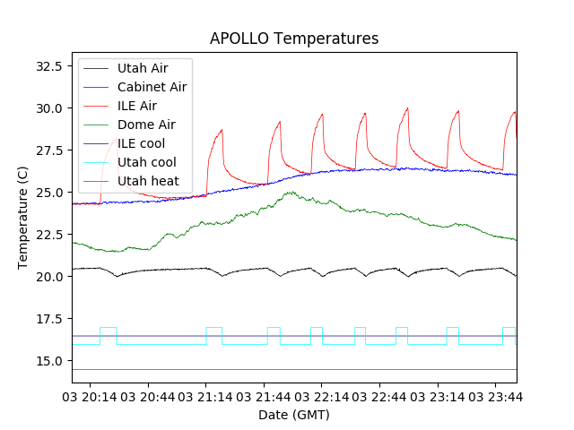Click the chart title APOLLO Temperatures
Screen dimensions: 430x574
click(x=294, y=39)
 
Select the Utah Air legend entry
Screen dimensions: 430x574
click(x=143, y=68)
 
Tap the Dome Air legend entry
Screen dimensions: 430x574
click(x=146, y=125)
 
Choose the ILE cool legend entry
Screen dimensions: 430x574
click(x=141, y=143)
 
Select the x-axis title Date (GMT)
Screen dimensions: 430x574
click(x=294, y=415)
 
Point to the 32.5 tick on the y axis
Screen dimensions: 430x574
click(x=47, y=66)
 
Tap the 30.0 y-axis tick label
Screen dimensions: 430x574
click(x=47, y=108)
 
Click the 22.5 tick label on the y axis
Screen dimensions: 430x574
click(x=47, y=235)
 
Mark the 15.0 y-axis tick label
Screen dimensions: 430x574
click(x=47, y=361)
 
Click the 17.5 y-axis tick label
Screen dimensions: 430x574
click(x=47, y=319)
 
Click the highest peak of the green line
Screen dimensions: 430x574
click(x=290, y=192)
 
